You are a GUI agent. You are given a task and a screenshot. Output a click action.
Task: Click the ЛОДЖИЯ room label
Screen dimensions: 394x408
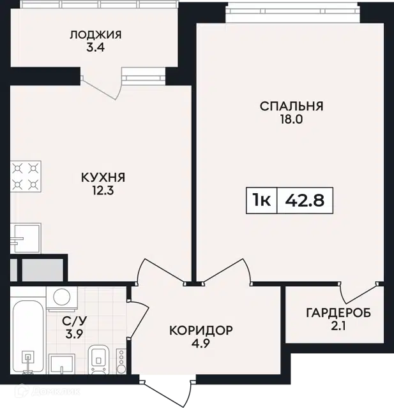[x=95, y=35]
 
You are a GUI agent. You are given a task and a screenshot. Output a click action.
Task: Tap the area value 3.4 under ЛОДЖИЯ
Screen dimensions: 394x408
[x=95, y=48]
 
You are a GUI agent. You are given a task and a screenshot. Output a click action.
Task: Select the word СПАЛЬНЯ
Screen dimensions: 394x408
[x=291, y=106]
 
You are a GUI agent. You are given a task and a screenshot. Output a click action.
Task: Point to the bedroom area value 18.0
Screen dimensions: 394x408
[x=291, y=119]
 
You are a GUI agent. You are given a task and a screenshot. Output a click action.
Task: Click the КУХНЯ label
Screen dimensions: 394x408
[x=103, y=177]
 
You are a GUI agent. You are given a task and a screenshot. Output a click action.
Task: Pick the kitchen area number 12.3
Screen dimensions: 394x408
[x=103, y=191]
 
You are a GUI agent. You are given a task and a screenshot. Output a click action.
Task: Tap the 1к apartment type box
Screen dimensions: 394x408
[x=261, y=200]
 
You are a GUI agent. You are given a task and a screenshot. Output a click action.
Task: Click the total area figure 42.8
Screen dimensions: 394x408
[x=305, y=201]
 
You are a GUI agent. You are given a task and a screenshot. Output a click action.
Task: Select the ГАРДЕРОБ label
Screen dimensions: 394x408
[x=338, y=313]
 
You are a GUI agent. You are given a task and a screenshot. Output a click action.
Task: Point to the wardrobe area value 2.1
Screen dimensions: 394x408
[x=338, y=326]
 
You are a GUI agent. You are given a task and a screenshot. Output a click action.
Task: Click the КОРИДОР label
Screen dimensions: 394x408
[x=201, y=330]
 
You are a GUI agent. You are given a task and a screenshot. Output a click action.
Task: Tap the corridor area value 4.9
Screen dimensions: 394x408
[x=201, y=344]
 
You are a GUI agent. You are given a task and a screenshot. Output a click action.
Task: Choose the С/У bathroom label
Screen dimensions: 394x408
[x=74, y=321]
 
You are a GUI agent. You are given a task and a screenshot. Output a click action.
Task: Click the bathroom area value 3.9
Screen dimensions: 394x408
[x=74, y=334]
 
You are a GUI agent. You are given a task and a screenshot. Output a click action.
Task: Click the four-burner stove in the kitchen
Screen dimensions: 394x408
[x=26, y=177]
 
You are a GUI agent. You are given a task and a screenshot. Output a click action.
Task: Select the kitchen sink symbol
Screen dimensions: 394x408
[x=26, y=238]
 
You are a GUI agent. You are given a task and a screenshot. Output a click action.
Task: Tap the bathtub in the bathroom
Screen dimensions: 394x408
[x=27, y=337]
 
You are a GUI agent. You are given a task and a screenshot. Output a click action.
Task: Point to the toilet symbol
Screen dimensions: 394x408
[x=98, y=360]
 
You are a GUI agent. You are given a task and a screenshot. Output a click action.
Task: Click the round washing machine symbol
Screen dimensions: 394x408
[x=62, y=298]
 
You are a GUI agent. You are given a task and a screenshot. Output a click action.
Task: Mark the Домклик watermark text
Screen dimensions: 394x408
[x=47, y=391]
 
